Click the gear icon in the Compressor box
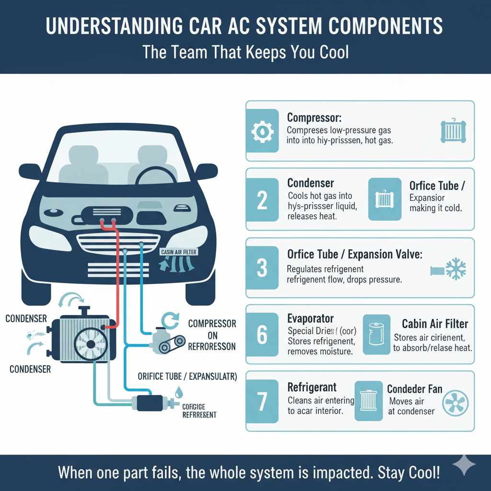(x=262, y=131)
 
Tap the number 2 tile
(x=262, y=199)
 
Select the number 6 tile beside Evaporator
(x=262, y=335)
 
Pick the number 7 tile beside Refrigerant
(x=262, y=401)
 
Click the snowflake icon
(x=455, y=269)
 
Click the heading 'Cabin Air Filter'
(x=435, y=324)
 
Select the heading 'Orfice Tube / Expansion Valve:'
(x=354, y=254)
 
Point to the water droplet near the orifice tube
(x=179, y=392)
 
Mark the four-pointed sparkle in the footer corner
(x=465, y=465)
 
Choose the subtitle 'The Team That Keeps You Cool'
(x=245, y=52)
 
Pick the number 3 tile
(x=262, y=268)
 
